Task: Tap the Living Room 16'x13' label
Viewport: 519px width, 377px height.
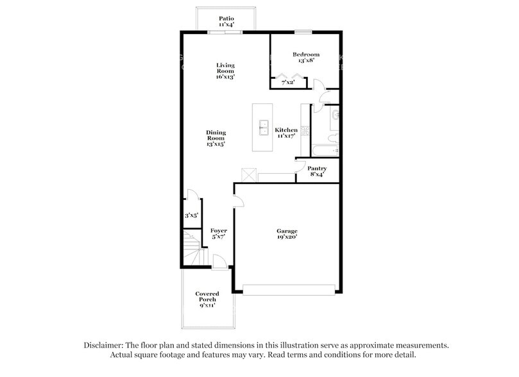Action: coord(225,71)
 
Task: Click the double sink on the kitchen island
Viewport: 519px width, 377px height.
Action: coord(263,128)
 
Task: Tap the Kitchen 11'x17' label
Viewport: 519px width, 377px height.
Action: coord(286,133)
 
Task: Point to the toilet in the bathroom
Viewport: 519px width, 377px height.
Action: coord(330,139)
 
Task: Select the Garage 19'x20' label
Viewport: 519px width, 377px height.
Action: coord(287,234)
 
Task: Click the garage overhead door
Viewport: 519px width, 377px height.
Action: coord(289,290)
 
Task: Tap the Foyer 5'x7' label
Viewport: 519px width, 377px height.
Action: coord(218,234)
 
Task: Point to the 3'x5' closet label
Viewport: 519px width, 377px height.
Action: coord(191,216)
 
